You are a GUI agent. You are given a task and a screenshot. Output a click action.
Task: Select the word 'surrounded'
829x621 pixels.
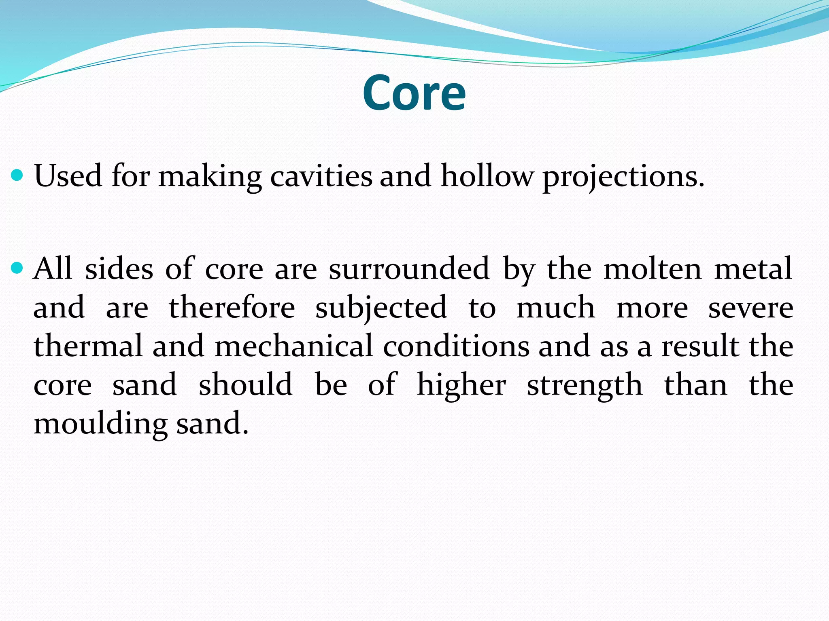point(409,268)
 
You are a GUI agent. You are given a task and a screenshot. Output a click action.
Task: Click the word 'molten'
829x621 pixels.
point(652,268)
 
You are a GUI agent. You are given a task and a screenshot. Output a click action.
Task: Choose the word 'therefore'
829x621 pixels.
point(232,307)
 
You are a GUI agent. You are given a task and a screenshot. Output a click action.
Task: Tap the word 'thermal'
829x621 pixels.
point(88,346)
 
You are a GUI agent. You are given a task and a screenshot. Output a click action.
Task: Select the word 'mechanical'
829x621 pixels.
point(293,346)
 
